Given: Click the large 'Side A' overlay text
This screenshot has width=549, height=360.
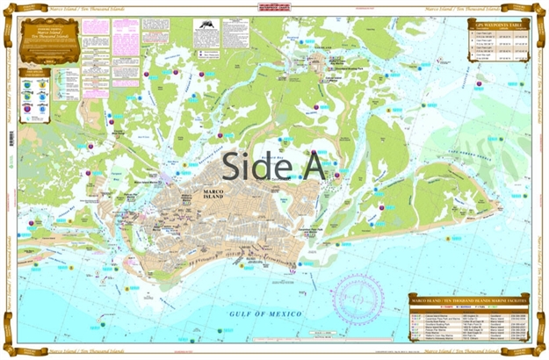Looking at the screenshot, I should coord(273,165).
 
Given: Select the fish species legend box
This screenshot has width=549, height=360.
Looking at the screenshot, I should coord(40,92).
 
